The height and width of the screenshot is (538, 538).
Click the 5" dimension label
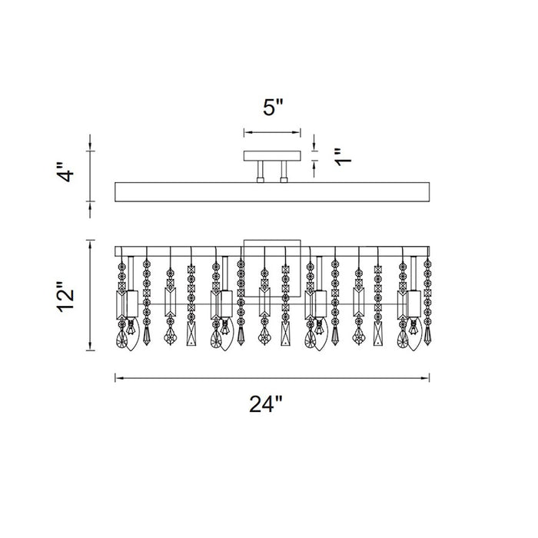(274, 107)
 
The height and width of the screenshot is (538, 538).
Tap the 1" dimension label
(344, 157)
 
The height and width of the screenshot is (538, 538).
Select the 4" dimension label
(65, 172)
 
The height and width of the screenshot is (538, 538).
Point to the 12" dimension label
(65, 297)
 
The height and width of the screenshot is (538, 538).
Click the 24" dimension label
(266, 403)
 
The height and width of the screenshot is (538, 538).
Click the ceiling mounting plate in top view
(272, 156)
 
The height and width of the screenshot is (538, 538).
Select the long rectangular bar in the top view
(272, 192)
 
